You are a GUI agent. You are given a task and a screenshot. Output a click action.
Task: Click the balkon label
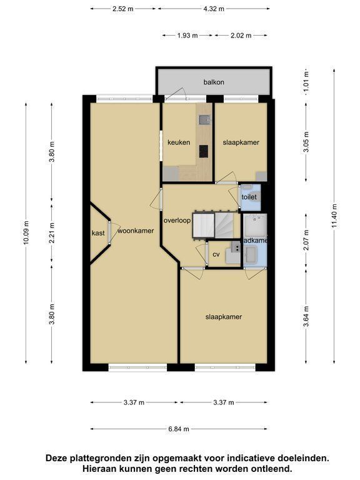(x=214, y=82)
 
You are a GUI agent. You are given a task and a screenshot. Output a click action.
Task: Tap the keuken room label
(x=179, y=142)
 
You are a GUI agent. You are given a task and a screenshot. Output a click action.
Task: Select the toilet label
(x=249, y=197)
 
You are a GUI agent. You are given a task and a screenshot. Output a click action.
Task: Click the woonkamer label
(x=136, y=231)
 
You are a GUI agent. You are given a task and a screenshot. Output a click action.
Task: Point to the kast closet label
(x=98, y=233)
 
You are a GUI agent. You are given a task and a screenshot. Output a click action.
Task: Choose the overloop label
(x=177, y=221)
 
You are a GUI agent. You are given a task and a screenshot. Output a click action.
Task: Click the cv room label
(x=216, y=254)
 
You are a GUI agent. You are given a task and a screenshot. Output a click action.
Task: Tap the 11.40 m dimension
(x=334, y=216)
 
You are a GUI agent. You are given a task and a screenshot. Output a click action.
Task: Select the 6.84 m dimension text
(x=179, y=429)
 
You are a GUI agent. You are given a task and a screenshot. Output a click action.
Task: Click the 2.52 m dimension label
(x=123, y=9)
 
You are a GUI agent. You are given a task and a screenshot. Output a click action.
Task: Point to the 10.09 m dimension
(x=26, y=232)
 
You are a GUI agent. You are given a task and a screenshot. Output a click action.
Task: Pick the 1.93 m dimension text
(x=187, y=36)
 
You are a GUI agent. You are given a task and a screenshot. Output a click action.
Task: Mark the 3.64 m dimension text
(x=306, y=316)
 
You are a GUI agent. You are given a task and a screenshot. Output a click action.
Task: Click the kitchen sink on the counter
(x=204, y=120)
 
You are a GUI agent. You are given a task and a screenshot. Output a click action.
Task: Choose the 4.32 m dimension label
(x=214, y=9)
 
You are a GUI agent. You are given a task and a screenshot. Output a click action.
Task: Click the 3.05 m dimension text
(x=306, y=142)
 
